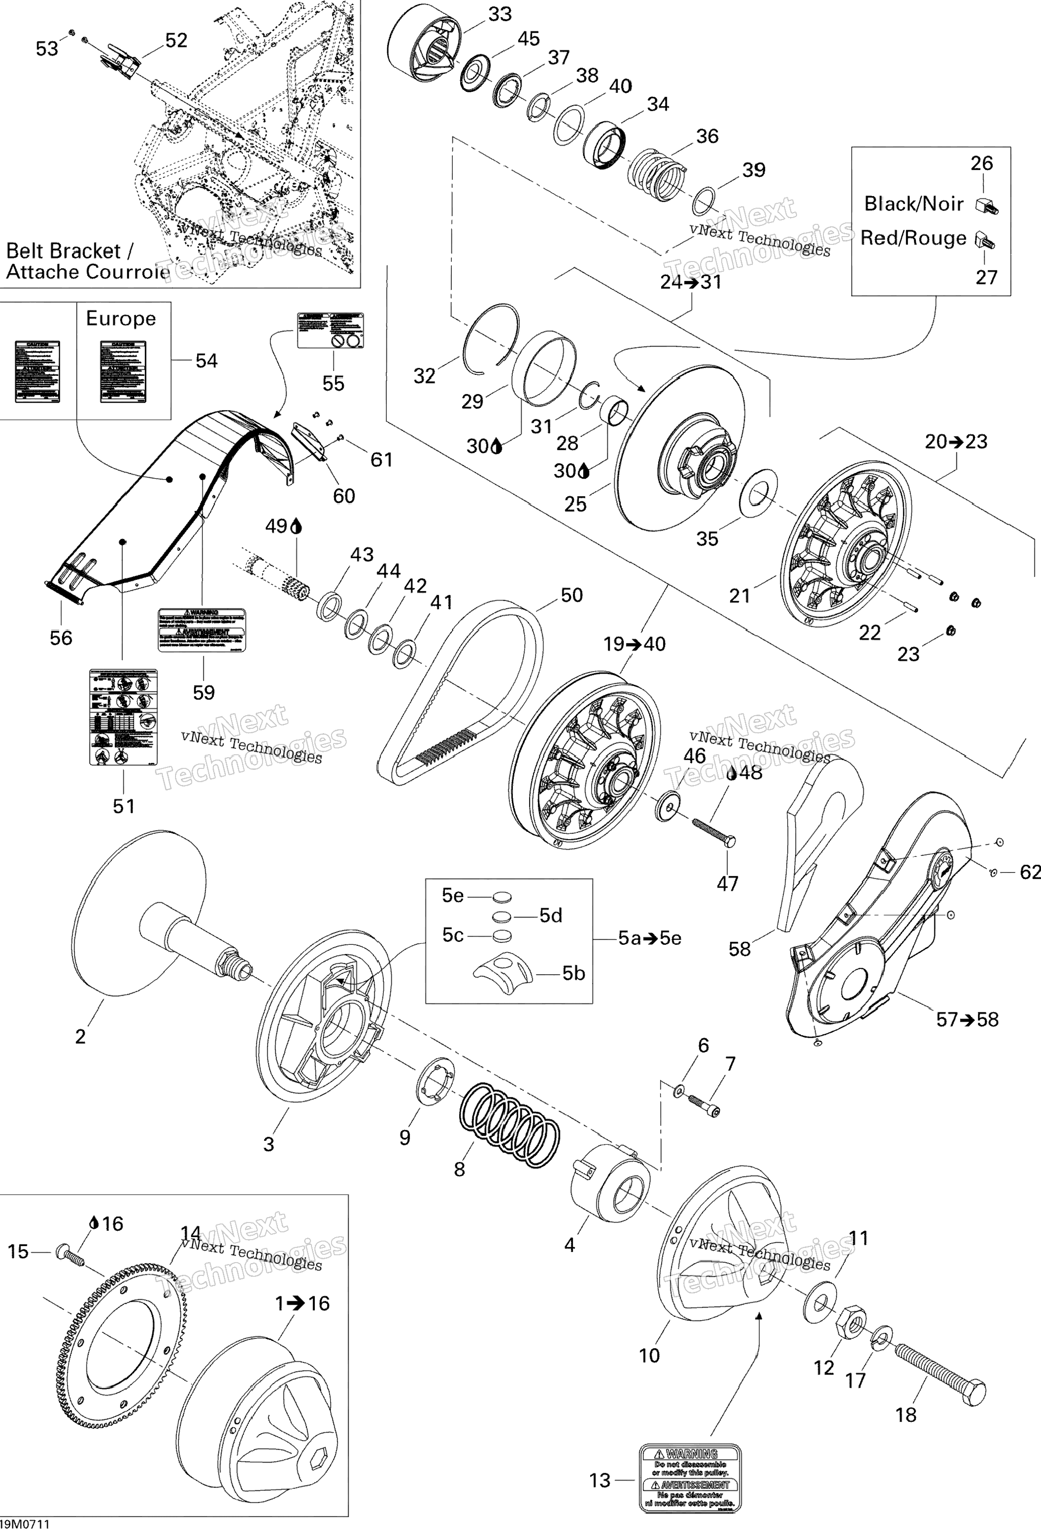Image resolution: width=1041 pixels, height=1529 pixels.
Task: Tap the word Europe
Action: point(121,318)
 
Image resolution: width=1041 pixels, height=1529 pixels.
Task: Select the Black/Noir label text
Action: point(913,204)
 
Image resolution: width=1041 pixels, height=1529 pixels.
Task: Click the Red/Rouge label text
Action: point(913,238)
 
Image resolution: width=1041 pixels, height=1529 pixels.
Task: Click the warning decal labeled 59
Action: point(201,630)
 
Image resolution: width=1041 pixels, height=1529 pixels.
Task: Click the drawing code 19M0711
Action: point(25,1523)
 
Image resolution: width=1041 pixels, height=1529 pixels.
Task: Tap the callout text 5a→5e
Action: point(649,938)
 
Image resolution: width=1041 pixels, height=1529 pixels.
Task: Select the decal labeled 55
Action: point(331,330)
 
